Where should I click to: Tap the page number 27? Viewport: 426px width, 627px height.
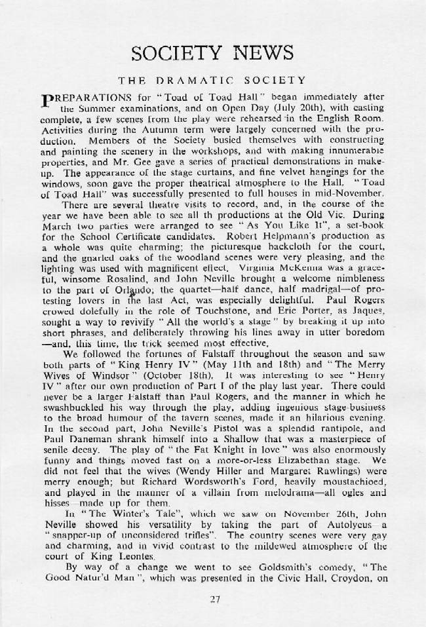click(x=214, y=597)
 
